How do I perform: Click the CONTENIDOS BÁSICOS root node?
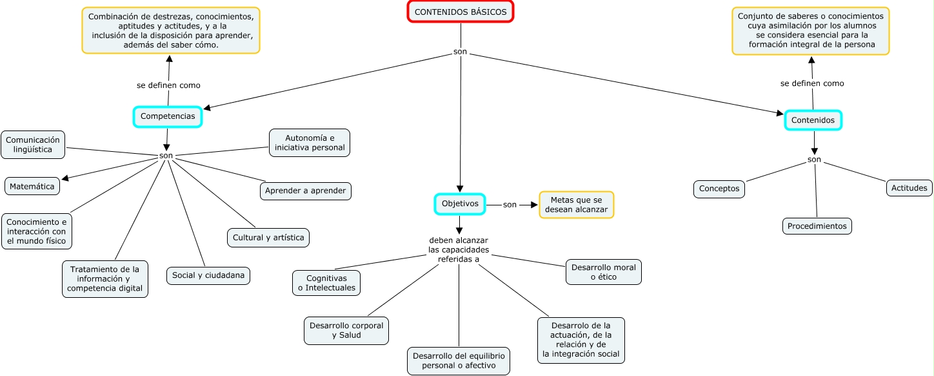click(x=461, y=12)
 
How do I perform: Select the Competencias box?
click(x=168, y=116)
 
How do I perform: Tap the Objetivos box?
click(x=460, y=204)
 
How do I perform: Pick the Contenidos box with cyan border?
click(x=813, y=120)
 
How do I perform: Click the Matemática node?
click(x=32, y=186)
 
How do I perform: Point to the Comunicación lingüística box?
click(x=34, y=145)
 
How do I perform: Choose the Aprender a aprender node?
click(x=306, y=191)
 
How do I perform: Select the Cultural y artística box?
click(x=268, y=237)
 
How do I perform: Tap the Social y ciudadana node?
click(x=208, y=275)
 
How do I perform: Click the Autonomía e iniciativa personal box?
click(x=310, y=143)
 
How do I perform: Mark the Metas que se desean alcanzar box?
click(x=577, y=205)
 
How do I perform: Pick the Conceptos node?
click(x=719, y=189)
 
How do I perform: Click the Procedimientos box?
click(x=817, y=226)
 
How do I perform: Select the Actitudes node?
click(x=909, y=188)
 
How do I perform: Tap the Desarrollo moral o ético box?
click(x=604, y=272)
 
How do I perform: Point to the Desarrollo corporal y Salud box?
click(x=346, y=330)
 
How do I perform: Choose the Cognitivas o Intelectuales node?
click(x=326, y=283)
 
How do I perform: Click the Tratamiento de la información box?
click(x=105, y=278)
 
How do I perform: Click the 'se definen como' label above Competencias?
click(x=168, y=85)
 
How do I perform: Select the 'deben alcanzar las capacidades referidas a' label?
click(x=459, y=249)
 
